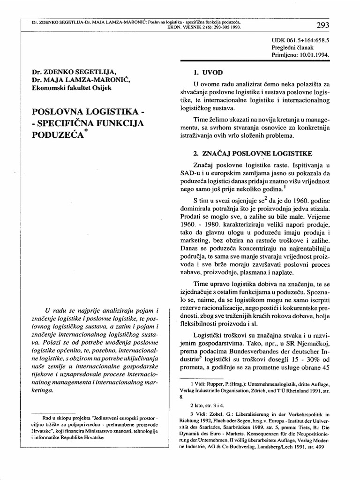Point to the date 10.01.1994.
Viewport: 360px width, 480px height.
pyautogui.click(x=314, y=54)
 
